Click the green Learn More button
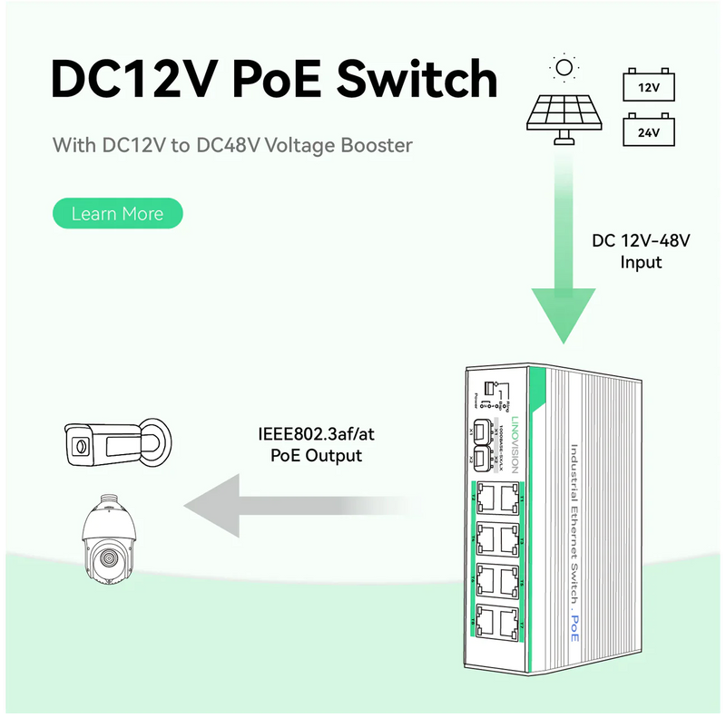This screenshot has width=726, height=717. pyautogui.click(x=117, y=214)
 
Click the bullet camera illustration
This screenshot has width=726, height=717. pyautogui.click(x=113, y=443)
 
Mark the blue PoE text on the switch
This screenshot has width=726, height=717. pyautogui.click(x=574, y=628)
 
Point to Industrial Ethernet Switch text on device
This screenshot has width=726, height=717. pyautogui.click(x=574, y=526)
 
